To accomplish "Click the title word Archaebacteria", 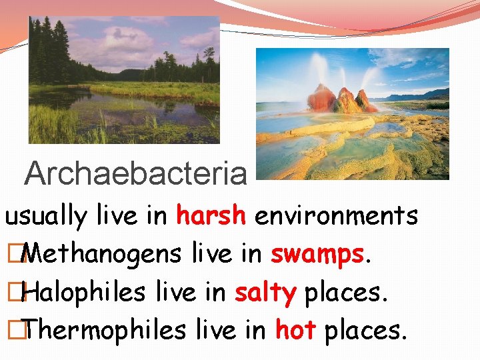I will point(135,174).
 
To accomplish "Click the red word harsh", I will point(211,215).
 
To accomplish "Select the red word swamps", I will point(317,255).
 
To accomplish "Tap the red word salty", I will point(265,293).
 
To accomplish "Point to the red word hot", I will point(295,330).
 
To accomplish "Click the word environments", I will point(337,215).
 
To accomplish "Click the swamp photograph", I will point(124,80).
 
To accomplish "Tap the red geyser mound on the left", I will point(322,99).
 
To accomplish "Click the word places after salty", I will point(345,293).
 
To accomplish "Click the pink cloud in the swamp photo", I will point(120,37).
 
